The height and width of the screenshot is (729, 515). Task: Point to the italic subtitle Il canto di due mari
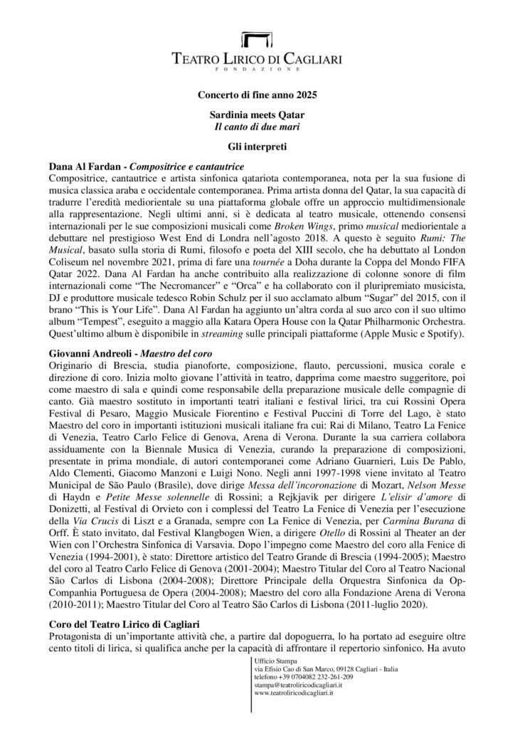coord(257,126)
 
